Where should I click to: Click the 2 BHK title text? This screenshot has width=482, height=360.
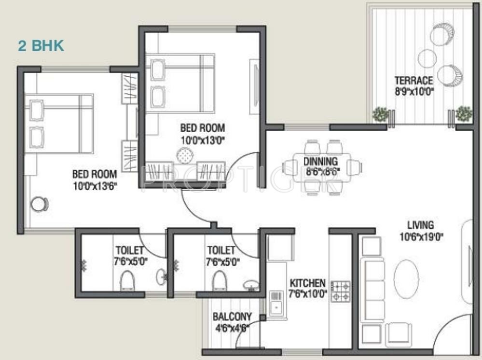(41, 45)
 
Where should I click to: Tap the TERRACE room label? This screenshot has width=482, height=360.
(414, 81)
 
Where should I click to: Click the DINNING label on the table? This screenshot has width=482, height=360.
(321, 161)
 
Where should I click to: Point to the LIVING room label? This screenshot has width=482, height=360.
(421, 225)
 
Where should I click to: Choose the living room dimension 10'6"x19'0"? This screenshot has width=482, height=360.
(421, 237)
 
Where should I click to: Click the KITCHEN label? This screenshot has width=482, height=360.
(308, 283)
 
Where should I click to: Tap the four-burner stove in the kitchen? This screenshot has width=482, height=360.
(341, 291)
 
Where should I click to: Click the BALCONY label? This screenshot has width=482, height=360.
(232, 317)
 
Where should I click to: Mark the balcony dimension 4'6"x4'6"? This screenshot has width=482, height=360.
(232, 328)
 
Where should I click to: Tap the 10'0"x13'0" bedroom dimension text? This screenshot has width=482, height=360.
(203, 140)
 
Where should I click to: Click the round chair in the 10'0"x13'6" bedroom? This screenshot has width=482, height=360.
(40, 204)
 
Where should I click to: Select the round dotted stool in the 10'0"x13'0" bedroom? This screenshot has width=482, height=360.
(185, 155)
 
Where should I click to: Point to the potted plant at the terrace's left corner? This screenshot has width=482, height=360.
(380, 114)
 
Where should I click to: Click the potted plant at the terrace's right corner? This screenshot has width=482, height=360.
(463, 113)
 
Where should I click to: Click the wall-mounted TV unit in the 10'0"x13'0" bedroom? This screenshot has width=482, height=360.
(255, 86)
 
